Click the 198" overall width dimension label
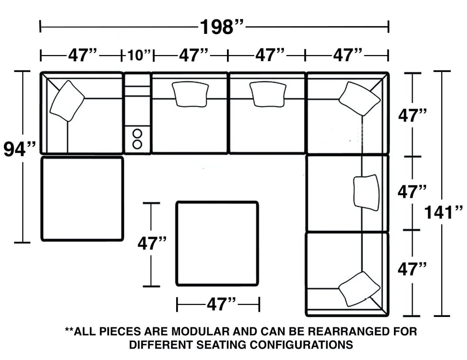(x=221, y=27)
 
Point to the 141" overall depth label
(x=443, y=212)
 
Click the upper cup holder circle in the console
(x=137, y=133)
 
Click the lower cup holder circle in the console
(x=137, y=144)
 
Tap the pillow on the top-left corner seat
(x=67, y=101)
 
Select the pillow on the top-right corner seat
(x=359, y=98)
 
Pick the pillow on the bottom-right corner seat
(x=359, y=289)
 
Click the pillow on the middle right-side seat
(x=366, y=192)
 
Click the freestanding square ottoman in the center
(x=217, y=243)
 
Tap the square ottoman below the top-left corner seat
(x=82, y=198)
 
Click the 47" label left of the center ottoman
(x=152, y=243)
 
